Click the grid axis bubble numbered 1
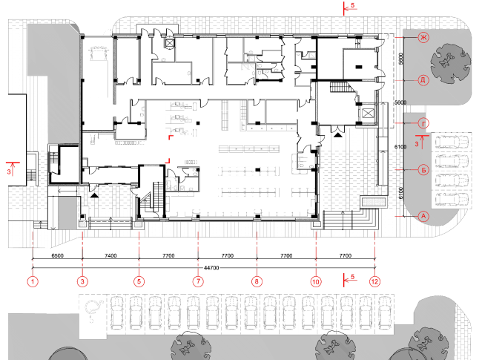[x=33, y=281]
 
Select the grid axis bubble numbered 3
[x=82, y=281]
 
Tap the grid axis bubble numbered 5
[x=139, y=281]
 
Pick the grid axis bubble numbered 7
[x=198, y=281]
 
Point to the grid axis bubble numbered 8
[x=257, y=281]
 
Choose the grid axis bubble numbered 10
[x=316, y=281]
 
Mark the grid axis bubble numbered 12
[x=374, y=281]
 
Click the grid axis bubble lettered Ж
[x=423, y=38]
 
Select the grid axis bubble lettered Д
[x=423, y=80]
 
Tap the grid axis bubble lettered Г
[x=423, y=123]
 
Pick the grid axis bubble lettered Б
[x=423, y=170]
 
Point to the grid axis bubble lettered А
[x=423, y=216]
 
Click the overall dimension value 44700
[x=211, y=268]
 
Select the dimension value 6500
[x=58, y=255]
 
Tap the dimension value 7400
[x=110, y=255]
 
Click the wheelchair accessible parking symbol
[x=93, y=309]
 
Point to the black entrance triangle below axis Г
[x=338, y=135]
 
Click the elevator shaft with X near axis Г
[x=368, y=114]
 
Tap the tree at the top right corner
[x=451, y=63]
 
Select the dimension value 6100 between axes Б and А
[x=401, y=193]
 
